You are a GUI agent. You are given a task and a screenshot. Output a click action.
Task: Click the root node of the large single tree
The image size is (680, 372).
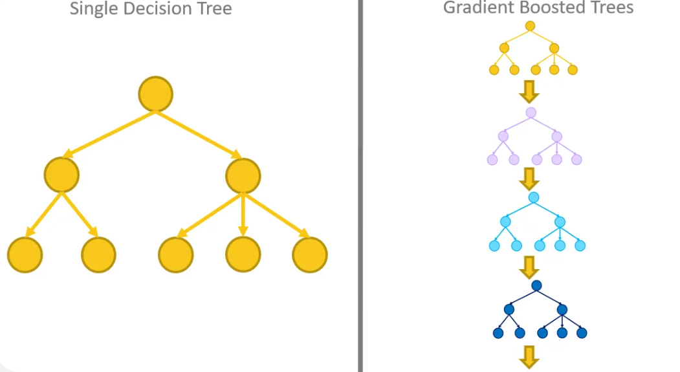pyautogui.click(x=156, y=94)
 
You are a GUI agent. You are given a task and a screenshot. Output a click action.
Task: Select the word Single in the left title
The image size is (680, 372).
pyautogui.click(x=94, y=8)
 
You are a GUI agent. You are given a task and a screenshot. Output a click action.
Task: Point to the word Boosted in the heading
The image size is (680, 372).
pyautogui.click(x=547, y=7)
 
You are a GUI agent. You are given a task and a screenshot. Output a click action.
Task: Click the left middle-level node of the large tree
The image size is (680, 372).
pyautogui.click(x=61, y=175)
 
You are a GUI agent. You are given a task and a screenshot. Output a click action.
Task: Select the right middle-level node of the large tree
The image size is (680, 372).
pyautogui.click(x=243, y=176)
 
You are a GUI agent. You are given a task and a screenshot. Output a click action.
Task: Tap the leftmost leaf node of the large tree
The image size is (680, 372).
pyautogui.click(x=25, y=254)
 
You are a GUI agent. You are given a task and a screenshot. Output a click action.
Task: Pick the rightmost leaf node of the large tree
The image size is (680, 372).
pyautogui.click(x=310, y=254)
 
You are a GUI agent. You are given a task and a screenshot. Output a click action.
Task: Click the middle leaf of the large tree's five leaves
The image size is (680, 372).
pyautogui.click(x=175, y=254)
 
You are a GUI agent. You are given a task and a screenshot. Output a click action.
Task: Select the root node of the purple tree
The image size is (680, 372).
pyautogui.click(x=531, y=113)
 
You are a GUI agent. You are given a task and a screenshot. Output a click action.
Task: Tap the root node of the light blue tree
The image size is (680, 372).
pyautogui.click(x=534, y=198)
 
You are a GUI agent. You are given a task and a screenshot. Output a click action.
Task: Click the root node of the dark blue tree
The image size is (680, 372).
pyautogui.click(x=536, y=285)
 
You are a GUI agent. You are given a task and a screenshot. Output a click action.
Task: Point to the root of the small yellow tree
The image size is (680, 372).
pyautogui.click(x=530, y=26)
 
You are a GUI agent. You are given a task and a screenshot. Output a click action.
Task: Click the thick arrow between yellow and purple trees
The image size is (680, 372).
pyautogui.click(x=529, y=91)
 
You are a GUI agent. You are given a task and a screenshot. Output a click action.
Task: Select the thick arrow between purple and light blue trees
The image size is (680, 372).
pyautogui.click(x=529, y=179)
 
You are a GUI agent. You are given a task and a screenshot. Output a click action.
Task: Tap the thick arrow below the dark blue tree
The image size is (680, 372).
pyautogui.click(x=529, y=357)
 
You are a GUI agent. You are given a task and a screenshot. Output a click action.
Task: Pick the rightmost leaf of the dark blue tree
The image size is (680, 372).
pyautogui.click(x=582, y=333)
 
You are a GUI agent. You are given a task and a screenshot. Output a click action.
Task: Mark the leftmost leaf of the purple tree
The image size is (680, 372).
pyautogui.click(x=492, y=160)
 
